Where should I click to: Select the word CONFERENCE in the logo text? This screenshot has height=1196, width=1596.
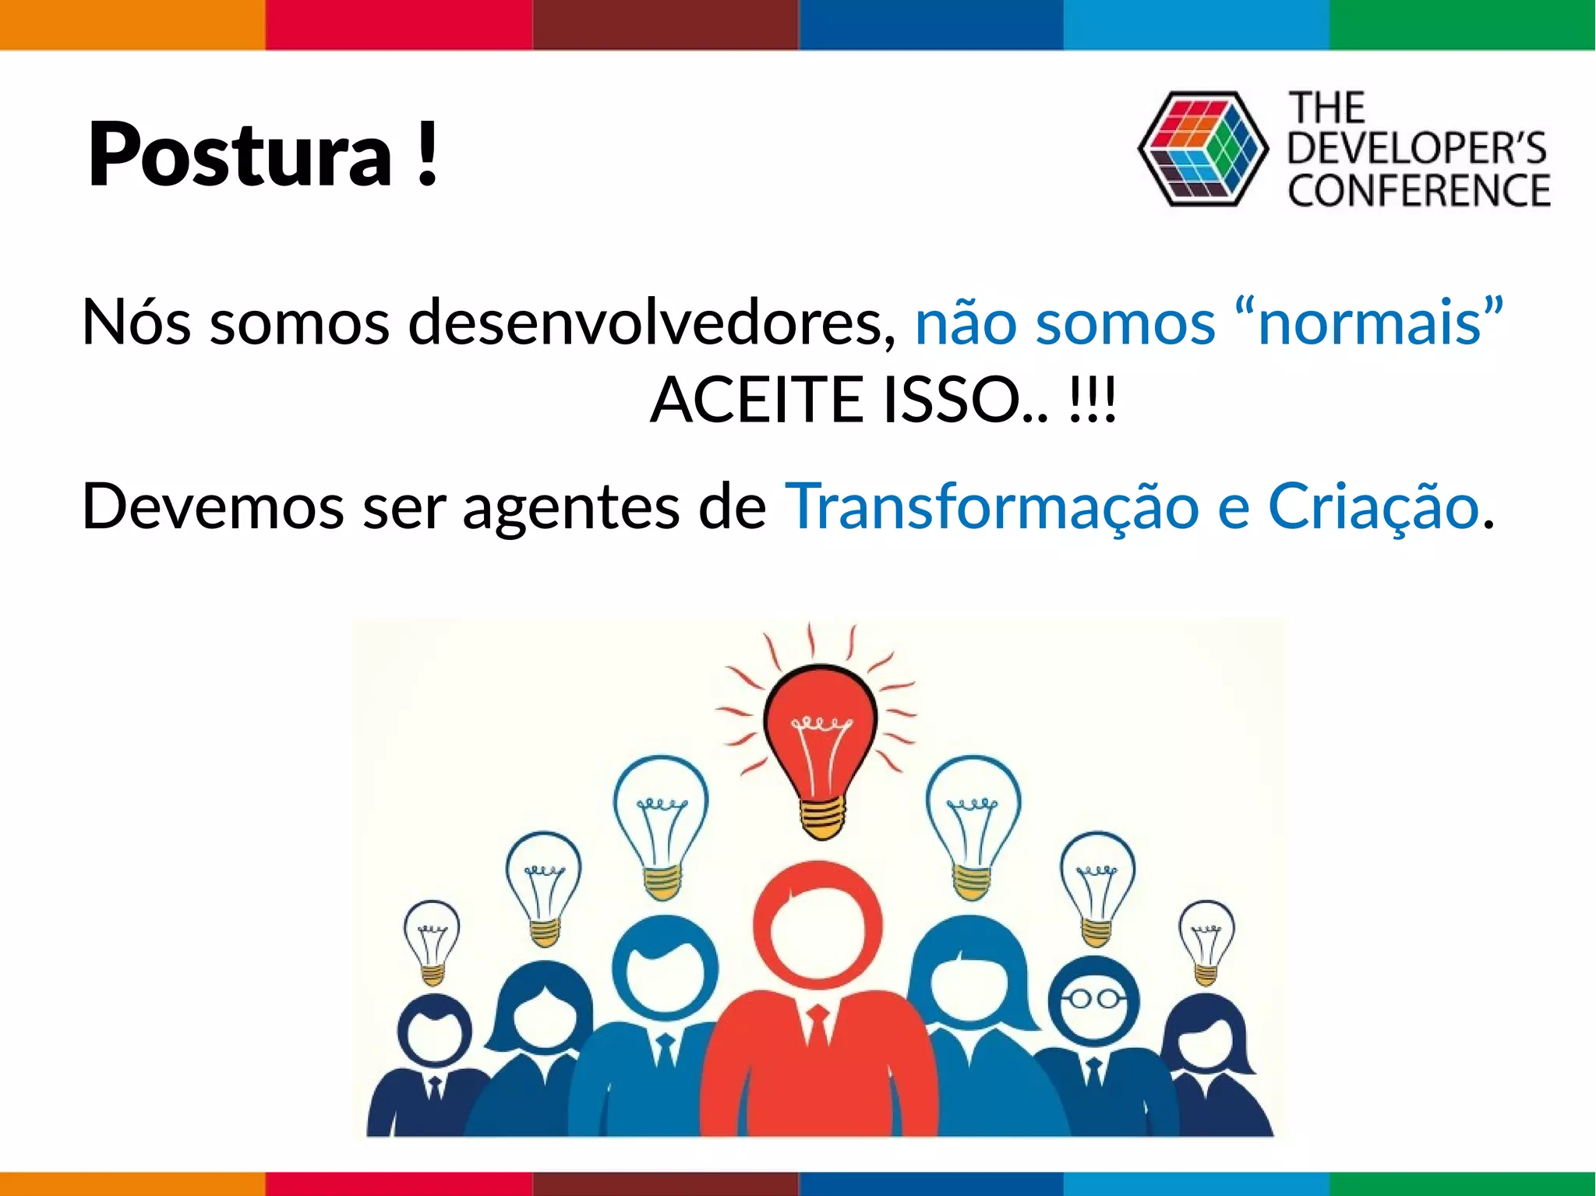pos(1418,191)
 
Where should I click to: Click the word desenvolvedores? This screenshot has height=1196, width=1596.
pos(651,322)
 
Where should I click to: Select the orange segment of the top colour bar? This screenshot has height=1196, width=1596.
pos(132,23)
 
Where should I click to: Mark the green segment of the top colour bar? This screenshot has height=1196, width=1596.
pos(1462,23)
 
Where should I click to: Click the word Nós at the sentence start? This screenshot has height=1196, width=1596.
pos(136,322)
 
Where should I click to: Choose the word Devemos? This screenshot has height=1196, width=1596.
pos(213,506)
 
